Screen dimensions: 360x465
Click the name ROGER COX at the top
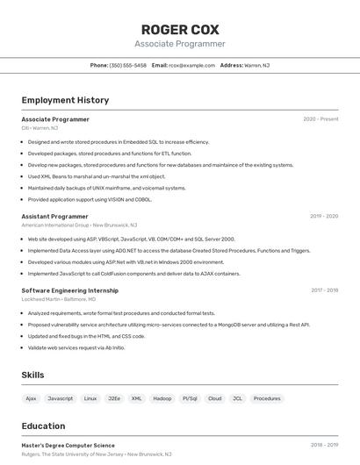[x=180, y=29]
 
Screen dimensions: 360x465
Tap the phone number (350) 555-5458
[x=127, y=65]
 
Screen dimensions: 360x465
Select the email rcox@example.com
[x=191, y=65]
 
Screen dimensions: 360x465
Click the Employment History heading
[x=65, y=100]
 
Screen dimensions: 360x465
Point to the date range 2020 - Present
[x=320, y=119]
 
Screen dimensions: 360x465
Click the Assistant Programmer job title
[x=54, y=216]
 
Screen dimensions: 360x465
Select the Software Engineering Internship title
[x=69, y=290]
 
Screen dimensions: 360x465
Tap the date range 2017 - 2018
[x=324, y=290]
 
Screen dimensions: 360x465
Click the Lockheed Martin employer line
[x=59, y=299]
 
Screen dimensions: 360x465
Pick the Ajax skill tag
[x=31, y=398]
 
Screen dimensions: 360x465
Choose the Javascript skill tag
[x=61, y=398]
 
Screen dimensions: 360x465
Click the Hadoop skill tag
[x=162, y=398]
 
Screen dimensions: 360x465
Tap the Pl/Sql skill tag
[x=190, y=398]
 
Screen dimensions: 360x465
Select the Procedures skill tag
[x=267, y=398]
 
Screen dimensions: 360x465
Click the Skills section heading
[x=32, y=376]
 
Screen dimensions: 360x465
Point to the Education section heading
[x=43, y=426]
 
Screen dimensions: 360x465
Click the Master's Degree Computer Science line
[x=68, y=446]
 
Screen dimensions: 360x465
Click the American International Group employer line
[x=79, y=225]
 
